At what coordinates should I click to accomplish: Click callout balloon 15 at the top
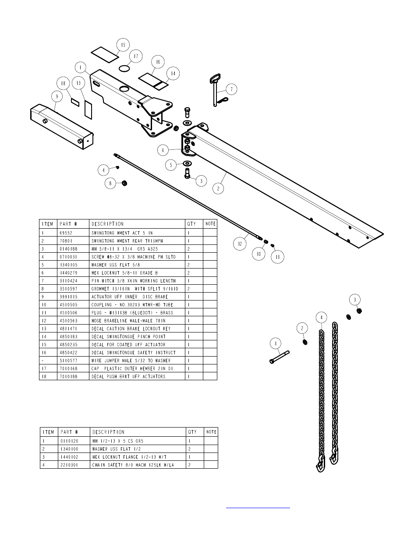point(123,45)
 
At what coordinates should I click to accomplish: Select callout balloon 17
point(136,57)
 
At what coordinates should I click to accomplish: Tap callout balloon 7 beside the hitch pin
point(231,89)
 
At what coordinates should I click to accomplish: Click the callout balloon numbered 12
point(240,244)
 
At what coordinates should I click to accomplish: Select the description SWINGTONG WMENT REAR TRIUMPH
point(127,241)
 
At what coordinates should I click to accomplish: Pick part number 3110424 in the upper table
point(69,281)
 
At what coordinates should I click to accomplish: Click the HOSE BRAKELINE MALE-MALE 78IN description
point(129,321)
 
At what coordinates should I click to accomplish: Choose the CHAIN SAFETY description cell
point(133,465)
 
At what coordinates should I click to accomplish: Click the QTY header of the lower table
point(192,432)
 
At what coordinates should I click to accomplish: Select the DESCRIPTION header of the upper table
point(108,224)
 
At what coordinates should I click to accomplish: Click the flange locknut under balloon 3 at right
point(359,311)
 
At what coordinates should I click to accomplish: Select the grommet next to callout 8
point(124,183)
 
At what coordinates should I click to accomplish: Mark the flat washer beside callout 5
point(187,163)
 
